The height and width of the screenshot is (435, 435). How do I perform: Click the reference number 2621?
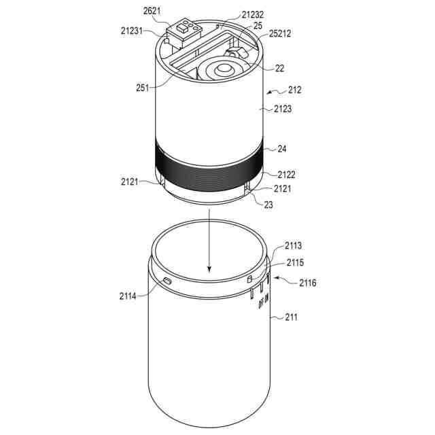pyautogui.click(x=152, y=11)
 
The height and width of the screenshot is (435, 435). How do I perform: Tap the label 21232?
pyautogui.click(x=252, y=14)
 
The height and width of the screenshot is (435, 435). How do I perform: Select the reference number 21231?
pyautogui.click(x=131, y=31)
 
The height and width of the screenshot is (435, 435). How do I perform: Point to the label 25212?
pyautogui.click(x=280, y=33)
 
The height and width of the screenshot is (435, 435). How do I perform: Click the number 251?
pyautogui.click(x=143, y=88)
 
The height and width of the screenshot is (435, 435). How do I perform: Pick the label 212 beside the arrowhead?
pyautogui.click(x=294, y=90)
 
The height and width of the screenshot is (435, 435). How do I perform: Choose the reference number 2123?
pyautogui.click(x=283, y=109)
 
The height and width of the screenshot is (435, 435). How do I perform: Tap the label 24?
pyautogui.click(x=282, y=149)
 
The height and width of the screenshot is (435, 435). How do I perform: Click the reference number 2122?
pyautogui.click(x=287, y=175)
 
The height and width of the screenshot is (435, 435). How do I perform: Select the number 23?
pyautogui.click(x=268, y=205)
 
